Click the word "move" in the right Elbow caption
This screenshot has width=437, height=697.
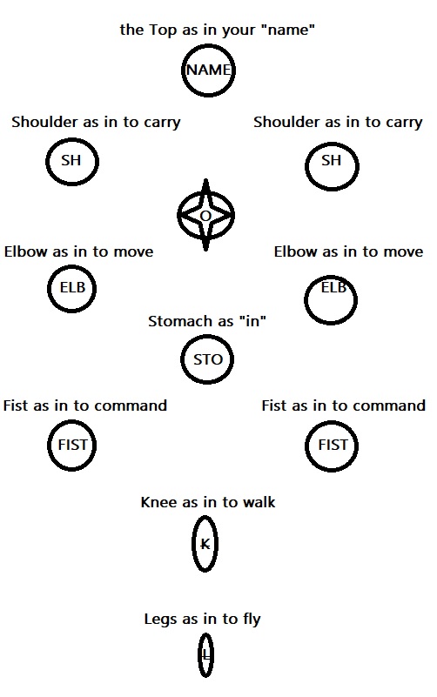pyautogui.click(x=403, y=252)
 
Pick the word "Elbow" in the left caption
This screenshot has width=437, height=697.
pyautogui.click(x=26, y=251)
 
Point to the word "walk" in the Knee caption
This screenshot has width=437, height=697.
pyautogui.click(x=259, y=502)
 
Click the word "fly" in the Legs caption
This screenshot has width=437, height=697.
pyautogui.click(x=252, y=620)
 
